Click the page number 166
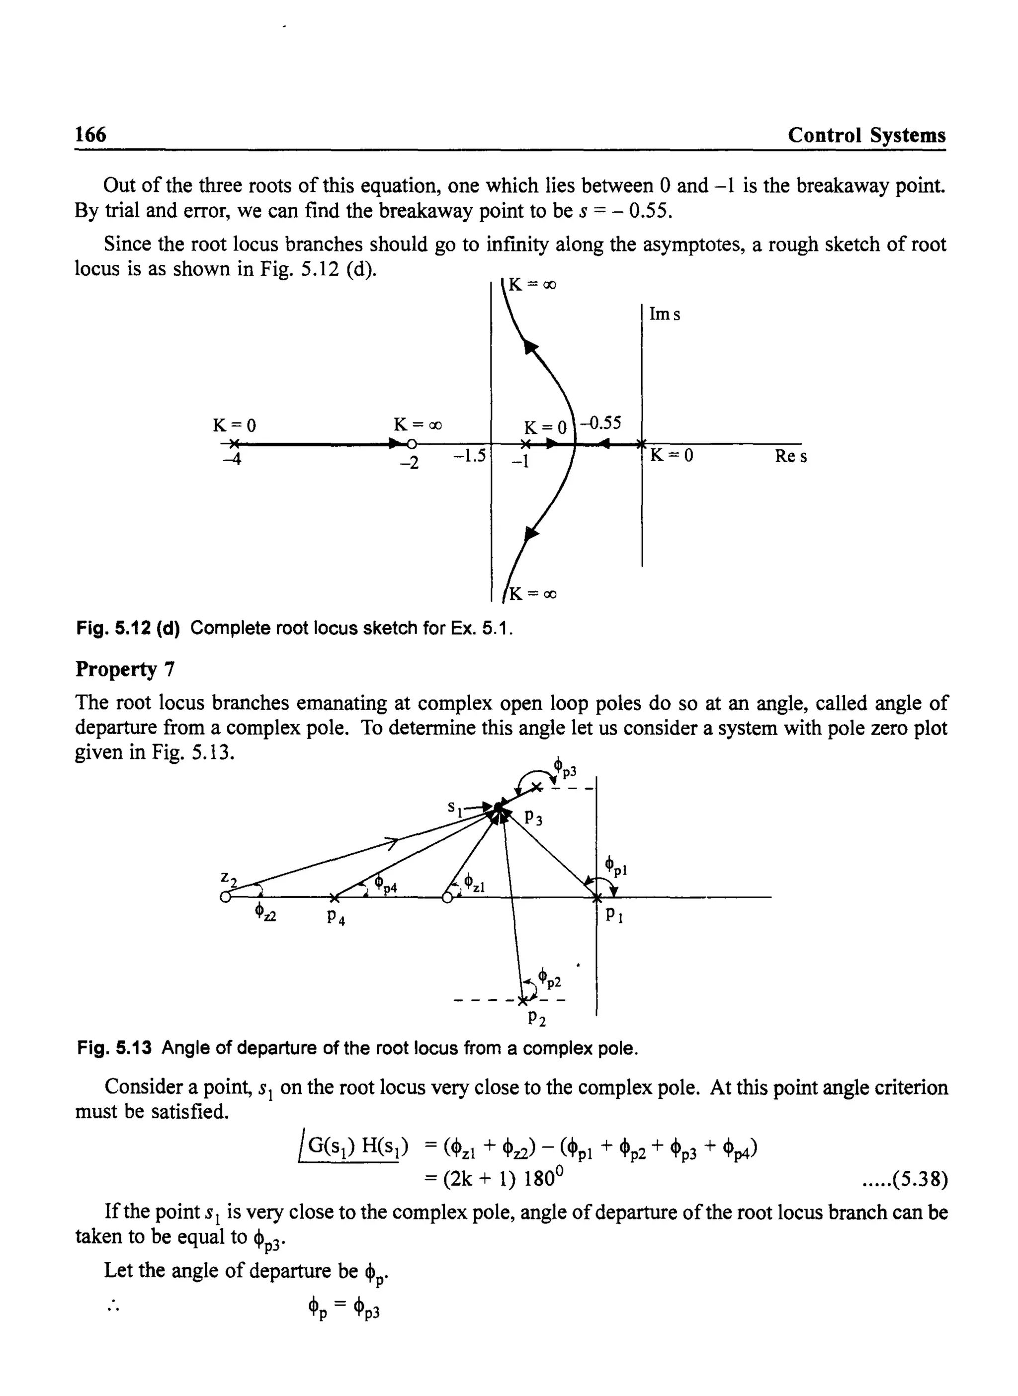[x=90, y=134]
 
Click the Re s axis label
[x=791, y=457]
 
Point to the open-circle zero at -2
[x=411, y=444]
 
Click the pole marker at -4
[x=234, y=444]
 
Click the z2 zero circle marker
[x=225, y=897]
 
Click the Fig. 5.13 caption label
[x=115, y=1048]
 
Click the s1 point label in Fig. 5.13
[x=455, y=808]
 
